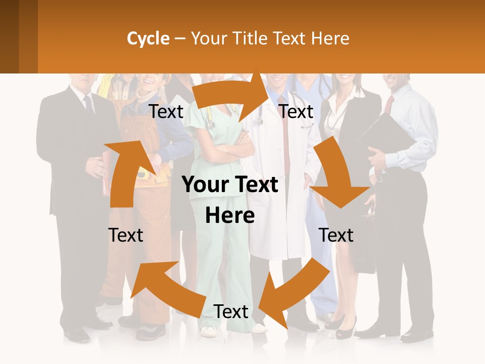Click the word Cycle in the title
[x=148, y=38]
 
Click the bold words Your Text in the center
[x=230, y=185]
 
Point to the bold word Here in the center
[x=230, y=216]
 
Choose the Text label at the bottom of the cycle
[x=231, y=311]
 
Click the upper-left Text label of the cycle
[x=166, y=112]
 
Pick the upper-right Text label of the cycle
[x=296, y=112]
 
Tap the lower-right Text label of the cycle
[x=336, y=235]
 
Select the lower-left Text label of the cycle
[x=126, y=235]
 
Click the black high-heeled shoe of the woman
[x=345, y=329]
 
